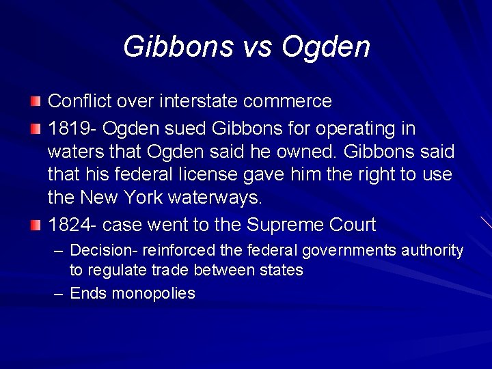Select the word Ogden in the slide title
pyautogui.click(x=325, y=46)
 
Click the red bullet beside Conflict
pyautogui.click(x=36, y=102)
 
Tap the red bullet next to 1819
pyautogui.click(x=36, y=129)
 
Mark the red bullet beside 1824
pyautogui.click(x=36, y=225)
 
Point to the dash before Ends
pyautogui.click(x=59, y=293)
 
